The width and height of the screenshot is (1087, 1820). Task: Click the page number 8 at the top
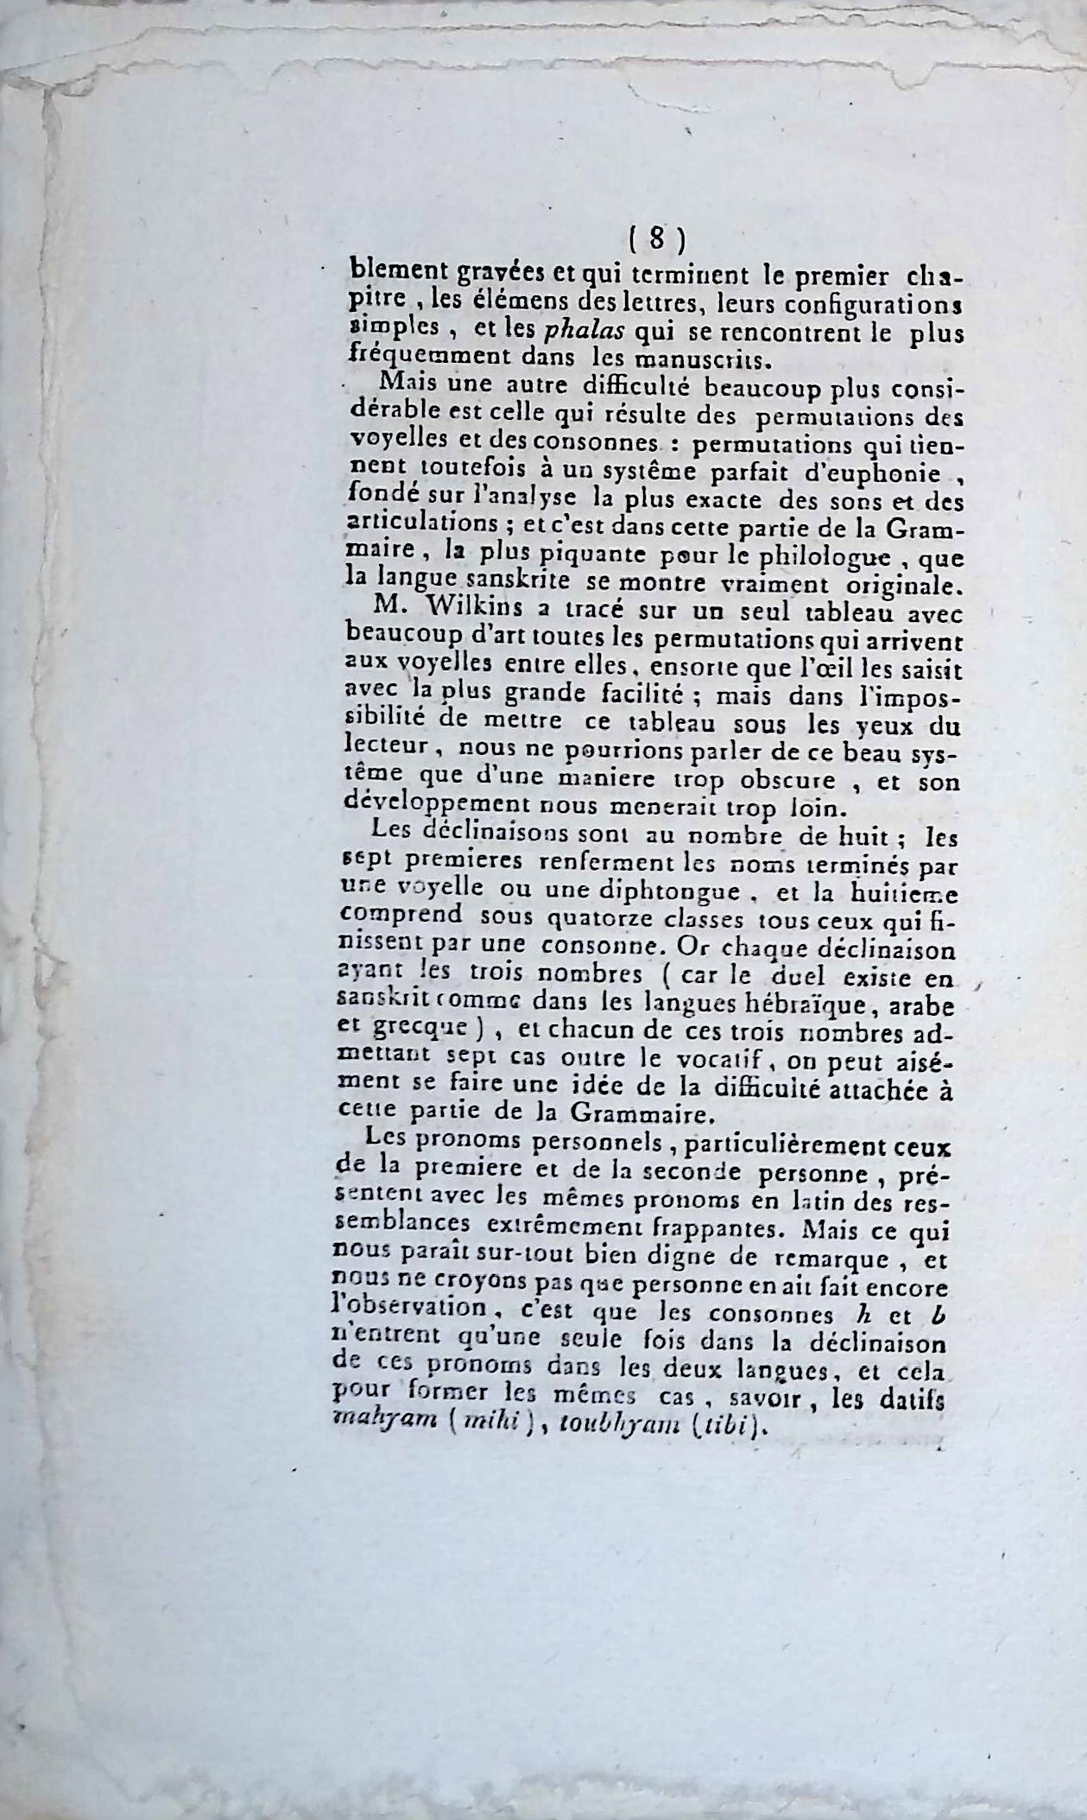(656, 238)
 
